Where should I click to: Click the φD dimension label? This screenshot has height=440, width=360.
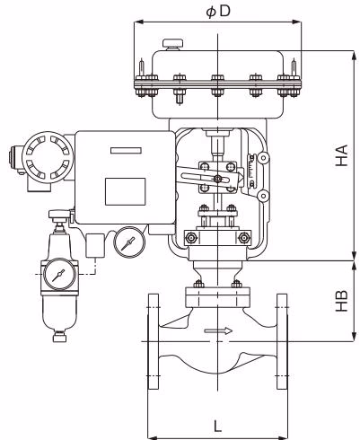[x=218, y=12]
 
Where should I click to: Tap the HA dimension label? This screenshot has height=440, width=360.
[x=342, y=155]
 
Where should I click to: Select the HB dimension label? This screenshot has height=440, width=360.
[x=342, y=301]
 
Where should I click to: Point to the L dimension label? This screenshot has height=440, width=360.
[x=217, y=426]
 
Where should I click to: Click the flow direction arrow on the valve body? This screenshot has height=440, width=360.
[x=218, y=330]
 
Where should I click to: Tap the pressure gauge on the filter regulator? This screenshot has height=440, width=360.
[x=59, y=275]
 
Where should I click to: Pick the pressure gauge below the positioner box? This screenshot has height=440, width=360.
[x=129, y=242]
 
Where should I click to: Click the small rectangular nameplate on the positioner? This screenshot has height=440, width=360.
[x=126, y=151]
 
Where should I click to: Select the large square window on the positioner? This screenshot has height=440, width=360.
[x=126, y=191]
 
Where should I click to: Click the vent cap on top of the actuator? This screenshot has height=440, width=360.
[x=173, y=44]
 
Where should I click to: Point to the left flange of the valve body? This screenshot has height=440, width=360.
[x=154, y=341]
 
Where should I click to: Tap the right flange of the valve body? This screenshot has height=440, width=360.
[x=282, y=341]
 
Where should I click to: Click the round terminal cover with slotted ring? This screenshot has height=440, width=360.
[x=48, y=158]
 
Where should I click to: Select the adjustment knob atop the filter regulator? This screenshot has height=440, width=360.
[x=59, y=216]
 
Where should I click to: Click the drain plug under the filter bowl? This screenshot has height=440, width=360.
[x=59, y=337]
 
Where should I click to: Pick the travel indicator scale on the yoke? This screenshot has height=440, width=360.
[x=252, y=171]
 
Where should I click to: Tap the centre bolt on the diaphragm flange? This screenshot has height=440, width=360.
[x=217, y=85]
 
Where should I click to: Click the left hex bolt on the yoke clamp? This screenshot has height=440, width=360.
[x=191, y=238]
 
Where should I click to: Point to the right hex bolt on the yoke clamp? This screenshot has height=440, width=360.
[x=243, y=238]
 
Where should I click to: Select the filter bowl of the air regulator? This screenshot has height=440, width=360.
[x=59, y=312]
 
